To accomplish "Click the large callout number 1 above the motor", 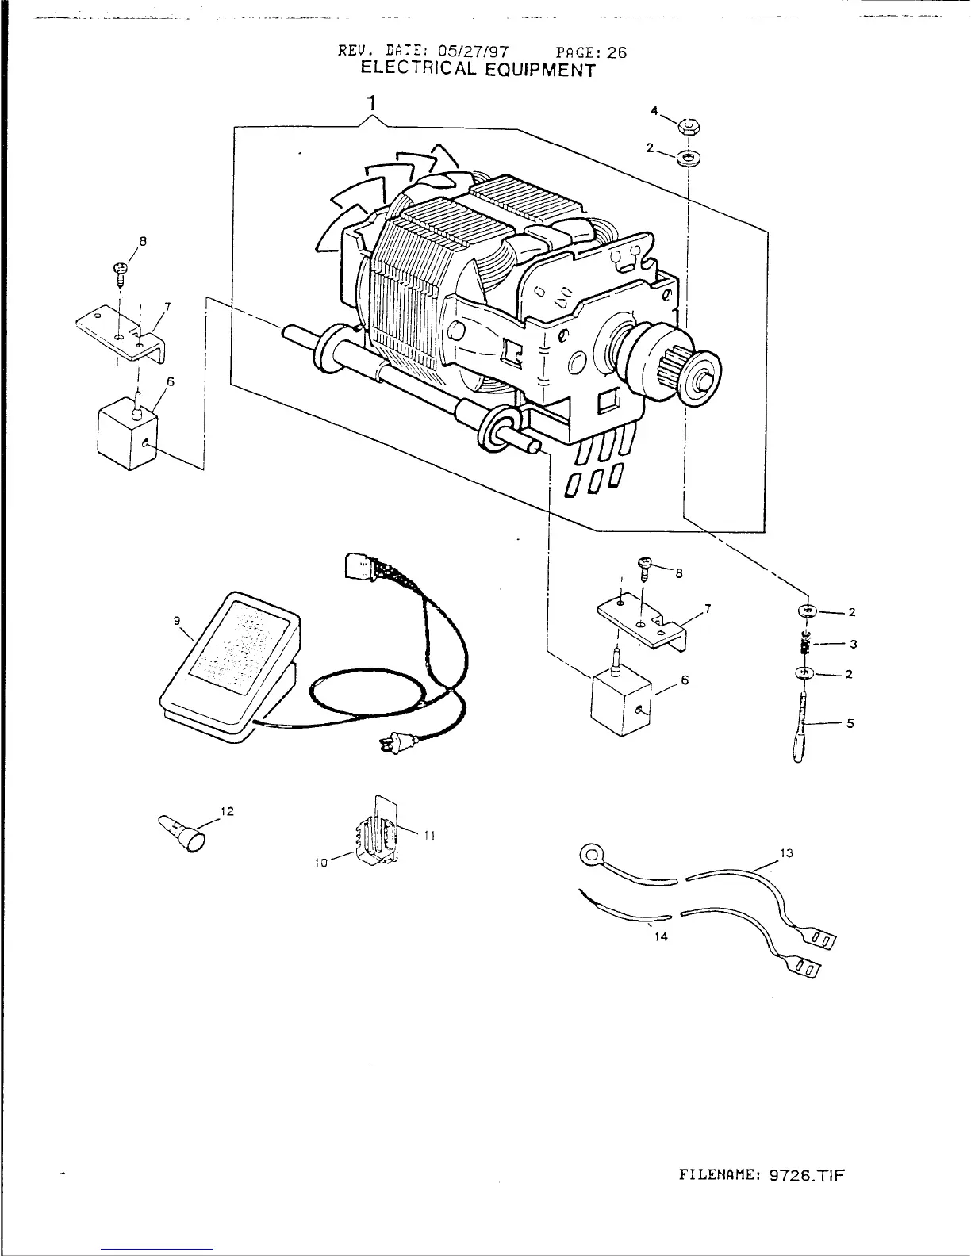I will click(x=370, y=102).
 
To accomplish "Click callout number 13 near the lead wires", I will click(x=786, y=853).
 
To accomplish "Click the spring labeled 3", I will click(x=806, y=643).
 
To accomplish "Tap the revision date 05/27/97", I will click(x=479, y=53).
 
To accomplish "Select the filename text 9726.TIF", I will click(x=804, y=1175).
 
